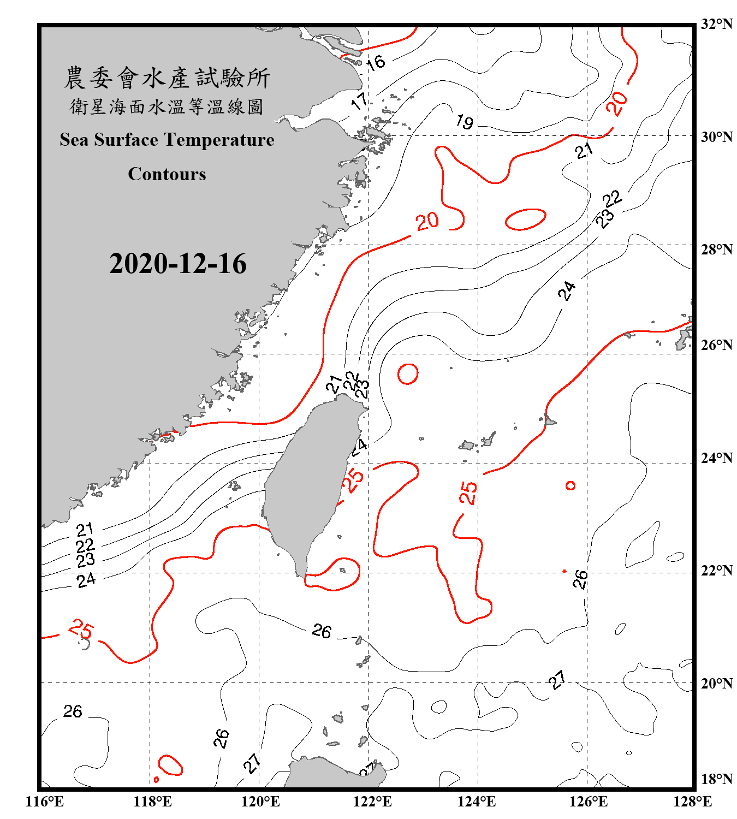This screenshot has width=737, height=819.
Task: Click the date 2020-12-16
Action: click(177, 264)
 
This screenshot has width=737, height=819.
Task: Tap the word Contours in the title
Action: click(167, 174)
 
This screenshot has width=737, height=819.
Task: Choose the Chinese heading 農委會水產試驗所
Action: click(167, 78)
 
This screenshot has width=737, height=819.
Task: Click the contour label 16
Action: click(376, 63)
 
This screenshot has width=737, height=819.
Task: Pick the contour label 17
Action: click(359, 100)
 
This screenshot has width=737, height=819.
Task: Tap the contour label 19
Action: click(465, 121)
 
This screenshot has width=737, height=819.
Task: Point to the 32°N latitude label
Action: click(717, 24)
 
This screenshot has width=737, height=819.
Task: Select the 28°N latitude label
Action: click(717, 250)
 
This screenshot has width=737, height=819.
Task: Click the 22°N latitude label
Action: click(717, 571)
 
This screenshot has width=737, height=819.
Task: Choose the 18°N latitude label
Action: click(717, 779)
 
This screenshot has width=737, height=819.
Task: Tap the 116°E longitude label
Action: click(44, 802)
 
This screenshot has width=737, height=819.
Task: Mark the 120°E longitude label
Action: click(260, 802)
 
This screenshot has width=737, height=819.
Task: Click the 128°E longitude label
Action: click(692, 802)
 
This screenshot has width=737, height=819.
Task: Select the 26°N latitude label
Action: click(717, 345)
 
